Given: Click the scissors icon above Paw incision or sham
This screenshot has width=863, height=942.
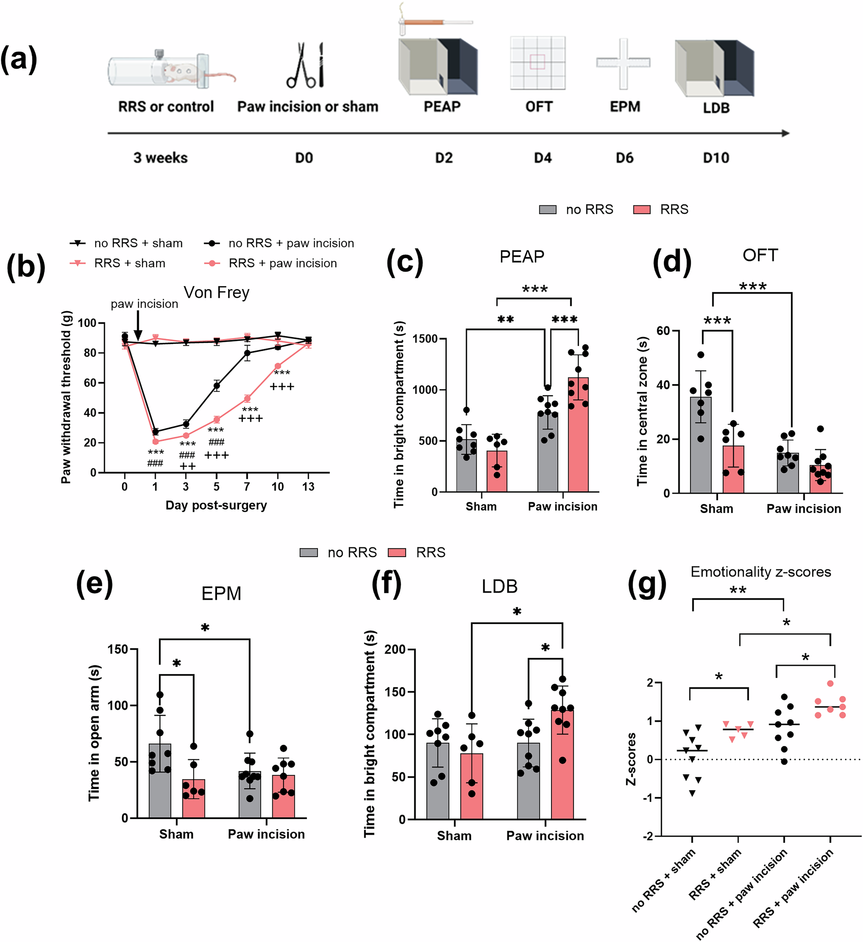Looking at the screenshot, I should pyautogui.click(x=305, y=66).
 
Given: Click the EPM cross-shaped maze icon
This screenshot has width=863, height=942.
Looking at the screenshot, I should pyautogui.click(x=624, y=63).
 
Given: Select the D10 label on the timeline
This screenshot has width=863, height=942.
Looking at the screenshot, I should pyautogui.click(x=715, y=158).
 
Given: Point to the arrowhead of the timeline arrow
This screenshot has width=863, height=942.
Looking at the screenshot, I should pyautogui.click(x=785, y=133).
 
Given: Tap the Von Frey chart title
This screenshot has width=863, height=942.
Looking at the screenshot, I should pyautogui.click(x=216, y=293).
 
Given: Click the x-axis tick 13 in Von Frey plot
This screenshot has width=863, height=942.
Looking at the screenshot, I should pyautogui.click(x=308, y=487).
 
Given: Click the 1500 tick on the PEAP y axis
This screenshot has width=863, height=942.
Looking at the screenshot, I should pyautogui.click(x=425, y=339).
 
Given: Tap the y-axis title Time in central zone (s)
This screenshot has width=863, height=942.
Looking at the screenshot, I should pyautogui.click(x=643, y=411).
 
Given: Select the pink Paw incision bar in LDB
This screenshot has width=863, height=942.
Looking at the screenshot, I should pyautogui.click(x=562, y=766).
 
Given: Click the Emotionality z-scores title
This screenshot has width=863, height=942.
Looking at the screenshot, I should pyautogui.click(x=760, y=572).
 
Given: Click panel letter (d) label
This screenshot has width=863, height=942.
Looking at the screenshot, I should pyautogui.click(x=671, y=261).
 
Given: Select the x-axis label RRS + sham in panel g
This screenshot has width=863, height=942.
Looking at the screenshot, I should pyautogui.click(x=715, y=874).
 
